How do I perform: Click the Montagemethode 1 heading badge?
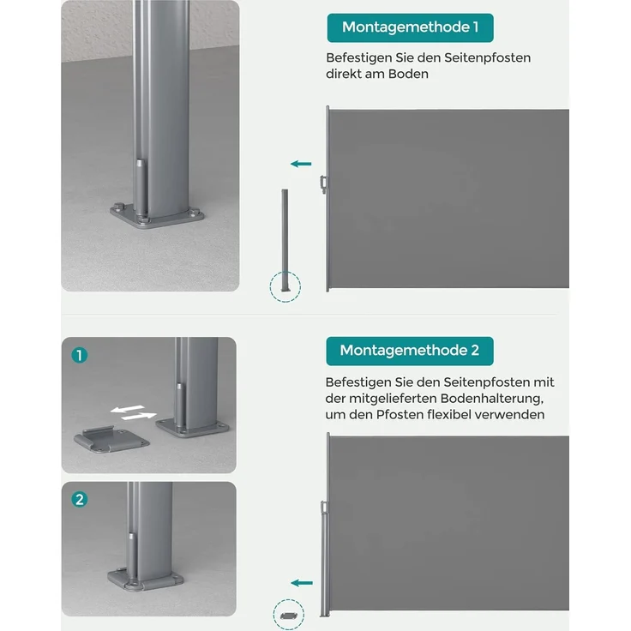[x=410, y=27]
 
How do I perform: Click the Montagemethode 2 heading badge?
[x=409, y=351]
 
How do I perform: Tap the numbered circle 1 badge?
[x=80, y=355]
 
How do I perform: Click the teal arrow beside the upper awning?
[x=300, y=163]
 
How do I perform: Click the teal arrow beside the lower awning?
[x=300, y=583]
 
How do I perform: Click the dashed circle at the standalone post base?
[x=285, y=285]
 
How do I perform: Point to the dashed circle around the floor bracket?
[x=287, y=615]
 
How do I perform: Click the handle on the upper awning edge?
[x=322, y=183]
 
